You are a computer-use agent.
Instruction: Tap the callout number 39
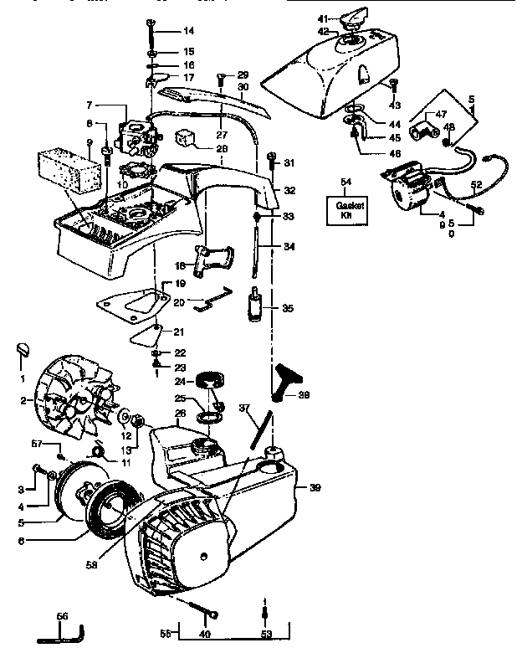tap(315, 488)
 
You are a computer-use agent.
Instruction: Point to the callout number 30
tap(243, 86)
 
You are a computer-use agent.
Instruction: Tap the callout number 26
tap(181, 413)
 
